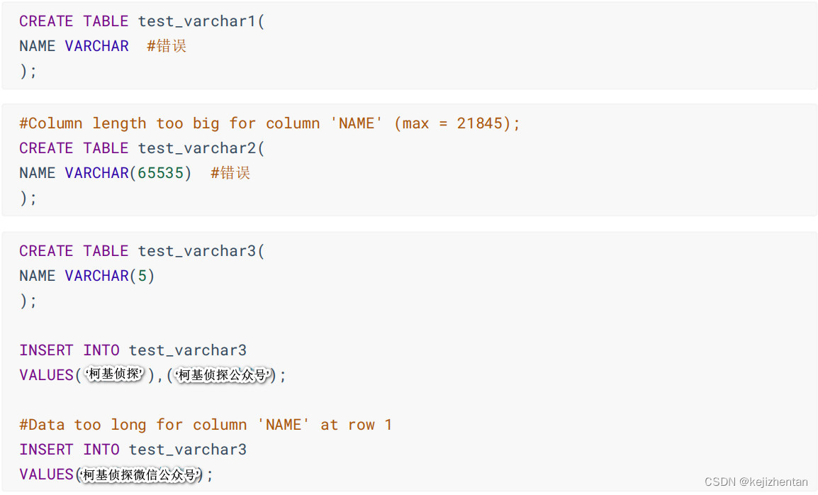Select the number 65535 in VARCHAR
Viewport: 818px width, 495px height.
coord(160,173)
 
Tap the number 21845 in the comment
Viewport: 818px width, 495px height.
coord(479,123)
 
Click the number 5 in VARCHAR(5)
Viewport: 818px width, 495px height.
coord(142,276)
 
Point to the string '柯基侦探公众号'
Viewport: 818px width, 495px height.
coord(223,375)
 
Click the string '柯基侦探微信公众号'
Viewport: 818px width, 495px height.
coord(139,474)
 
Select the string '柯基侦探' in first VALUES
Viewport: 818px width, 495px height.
coord(114,374)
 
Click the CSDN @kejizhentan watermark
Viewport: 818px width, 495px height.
coord(756,482)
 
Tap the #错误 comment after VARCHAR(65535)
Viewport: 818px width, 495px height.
coord(230,173)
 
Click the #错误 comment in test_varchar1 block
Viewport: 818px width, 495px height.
coord(167,46)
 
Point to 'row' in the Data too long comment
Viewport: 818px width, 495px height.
coord(361,425)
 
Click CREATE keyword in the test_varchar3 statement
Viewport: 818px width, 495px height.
coord(46,251)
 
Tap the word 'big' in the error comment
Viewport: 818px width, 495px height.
coord(206,123)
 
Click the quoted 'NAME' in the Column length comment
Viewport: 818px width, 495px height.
coord(357,123)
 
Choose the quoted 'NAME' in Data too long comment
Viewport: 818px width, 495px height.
coord(284,425)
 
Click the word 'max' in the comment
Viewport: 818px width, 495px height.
coord(415,123)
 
